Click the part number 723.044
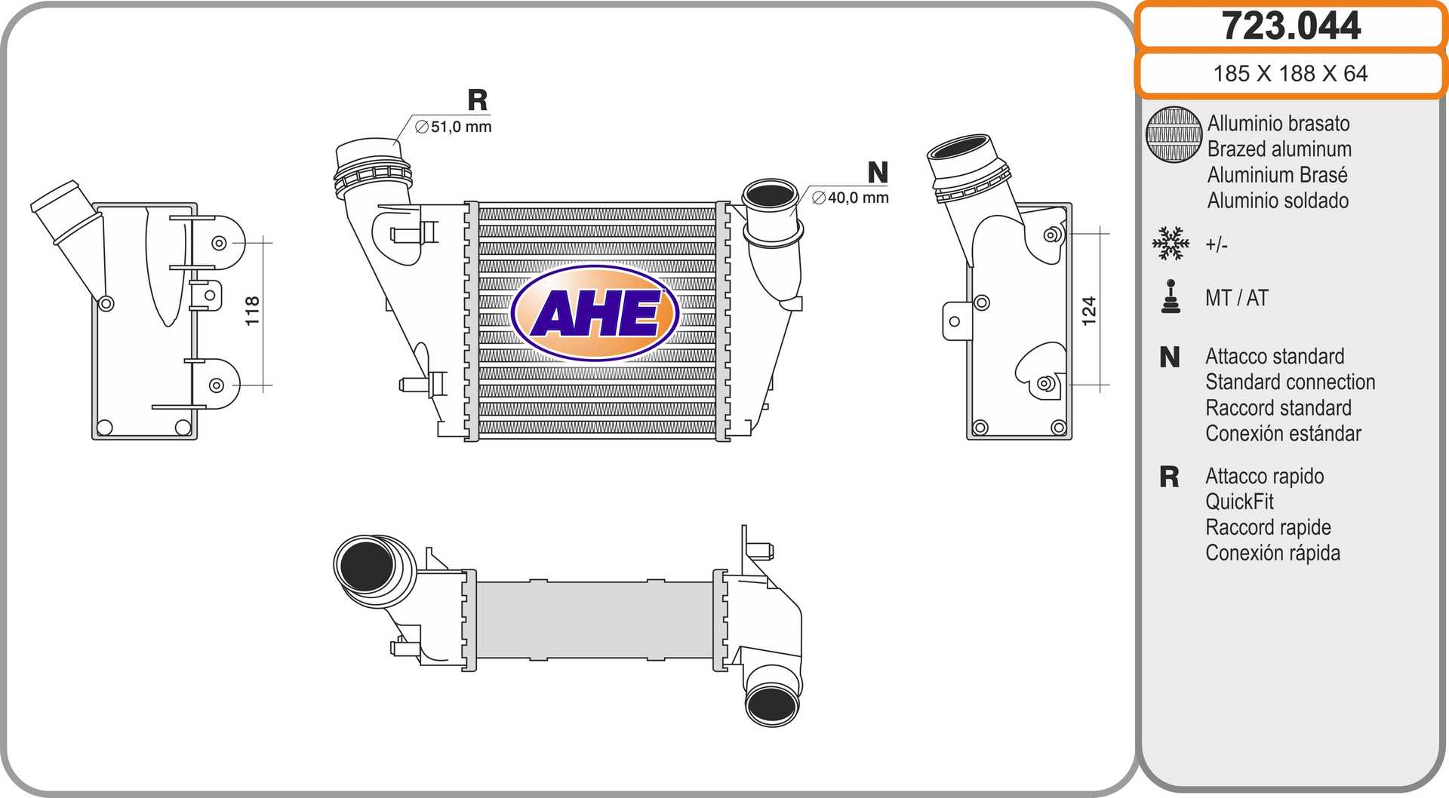tap(1291, 26)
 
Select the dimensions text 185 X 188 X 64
tap(1290, 74)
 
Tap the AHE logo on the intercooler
tap(595, 312)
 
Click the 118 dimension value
tap(252, 311)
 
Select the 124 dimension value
tap(1088, 311)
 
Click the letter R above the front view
tap(478, 100)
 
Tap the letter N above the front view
tap(878, 173)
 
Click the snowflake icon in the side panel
tap(1171, 244)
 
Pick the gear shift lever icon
tap(1171, 297)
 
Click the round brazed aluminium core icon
tap(1174, 134)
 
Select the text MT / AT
tap(1237, 298)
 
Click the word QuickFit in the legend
tap(1239, 502)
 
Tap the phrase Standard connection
tap(1290, 382)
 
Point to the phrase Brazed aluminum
tap(1279, 149)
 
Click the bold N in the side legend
tap(1170, 358)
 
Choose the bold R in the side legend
tap(1169, 477)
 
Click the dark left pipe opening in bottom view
tap(366, 566)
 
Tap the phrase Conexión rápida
tap(1272, 553)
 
